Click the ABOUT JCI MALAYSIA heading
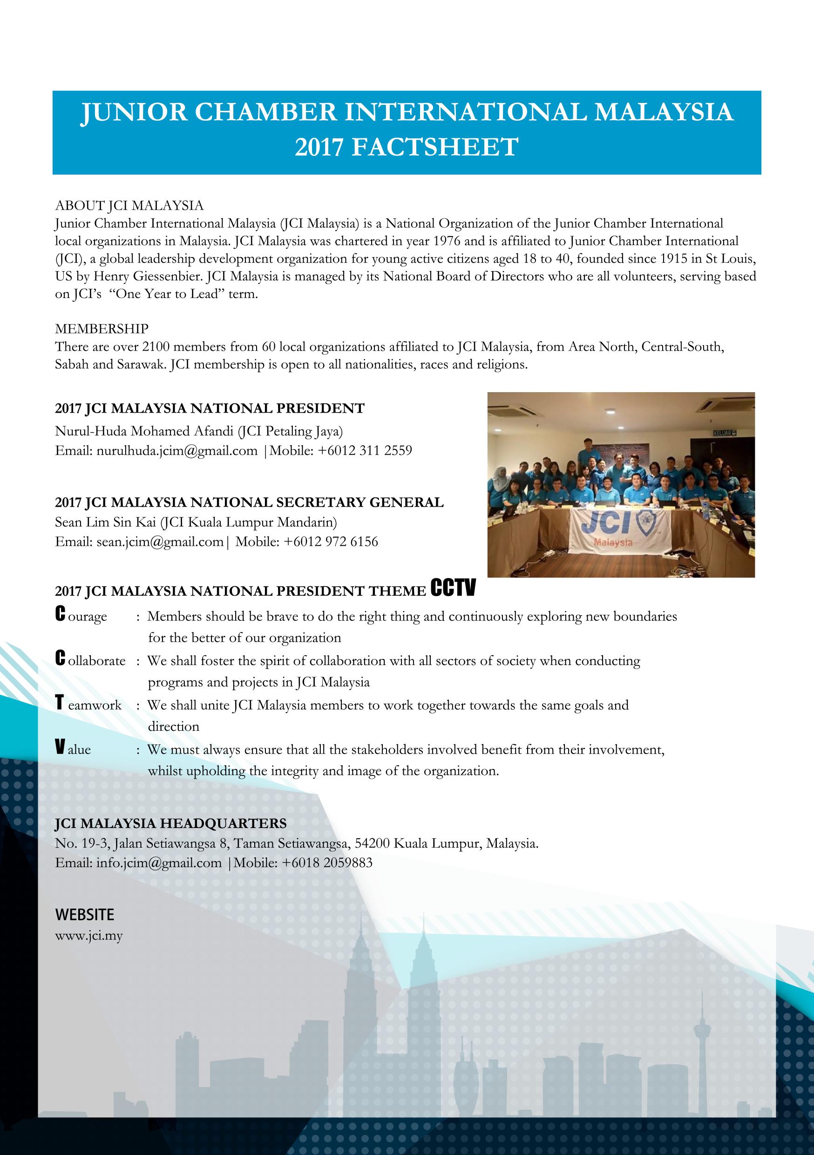tap(129, 205)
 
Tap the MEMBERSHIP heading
tap(102, 329)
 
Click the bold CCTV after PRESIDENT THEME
tap(453, 589)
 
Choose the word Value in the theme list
tap(74, 749)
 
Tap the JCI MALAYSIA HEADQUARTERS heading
tap(170, 823)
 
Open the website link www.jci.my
tap(89, 937)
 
